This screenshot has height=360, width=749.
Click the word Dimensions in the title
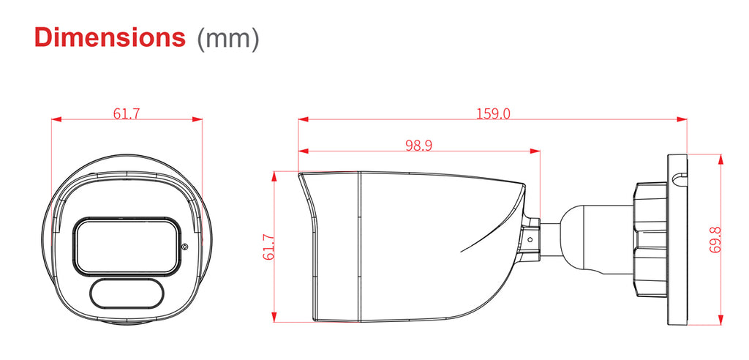110,37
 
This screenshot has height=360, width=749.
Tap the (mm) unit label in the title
228,38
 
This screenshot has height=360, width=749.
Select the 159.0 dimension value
493,114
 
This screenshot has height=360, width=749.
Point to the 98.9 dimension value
419,146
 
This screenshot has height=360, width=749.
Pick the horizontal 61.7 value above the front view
127,114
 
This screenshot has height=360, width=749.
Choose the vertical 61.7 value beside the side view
268,247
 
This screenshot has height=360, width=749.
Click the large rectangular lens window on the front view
127,246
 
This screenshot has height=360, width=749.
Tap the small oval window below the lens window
127,294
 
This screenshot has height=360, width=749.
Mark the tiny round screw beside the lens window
185,247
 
